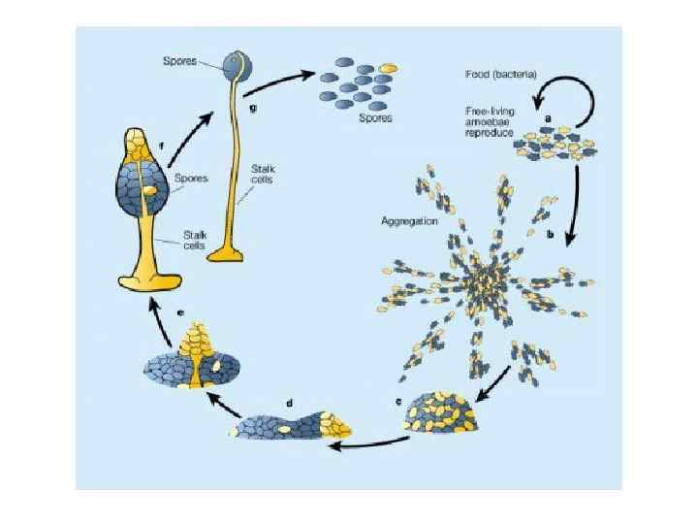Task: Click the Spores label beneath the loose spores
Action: (375, 118)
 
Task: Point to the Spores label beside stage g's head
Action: (179, 61)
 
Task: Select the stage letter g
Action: (253, 108)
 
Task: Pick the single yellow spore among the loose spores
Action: (388, 68)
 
